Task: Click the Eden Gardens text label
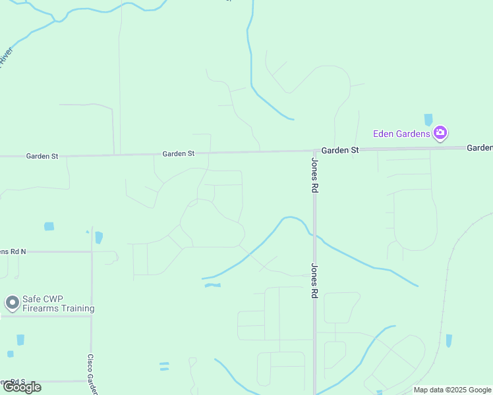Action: [x=401, y=134]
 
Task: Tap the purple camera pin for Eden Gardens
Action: [x=440, y=134]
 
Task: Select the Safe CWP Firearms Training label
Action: [x=58, y=303]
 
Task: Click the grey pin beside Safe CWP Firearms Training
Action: [x=12, y=303]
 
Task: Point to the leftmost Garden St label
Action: [x=42, y=157]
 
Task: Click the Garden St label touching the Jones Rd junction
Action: [x=340, y=150]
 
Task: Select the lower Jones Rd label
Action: [x=315, y=281]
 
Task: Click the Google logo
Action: [x=22, y=387]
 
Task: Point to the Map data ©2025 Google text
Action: [x=453, y=390]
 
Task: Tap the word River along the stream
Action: [x=6, y=56]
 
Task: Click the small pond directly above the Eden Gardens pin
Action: [x=428, y=119]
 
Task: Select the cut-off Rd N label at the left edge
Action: [x=13, y=251]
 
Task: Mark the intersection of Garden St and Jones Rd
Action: [x=314, y=151]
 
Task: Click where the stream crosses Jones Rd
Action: [x=314, y=235]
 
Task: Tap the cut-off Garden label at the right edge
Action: [x=480, y=147]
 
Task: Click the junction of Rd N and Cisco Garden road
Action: [x=92, y=251]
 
